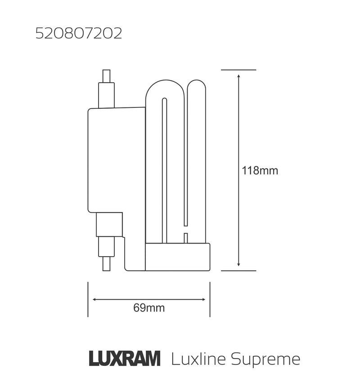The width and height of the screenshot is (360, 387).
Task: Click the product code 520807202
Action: tap(79, 34)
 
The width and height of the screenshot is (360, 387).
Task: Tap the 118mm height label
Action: tap(260, 171)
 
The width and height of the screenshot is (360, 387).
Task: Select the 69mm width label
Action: tap(149, 308)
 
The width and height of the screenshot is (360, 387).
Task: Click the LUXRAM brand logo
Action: tap(124, 359)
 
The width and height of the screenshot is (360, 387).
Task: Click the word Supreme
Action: tap(265, 359)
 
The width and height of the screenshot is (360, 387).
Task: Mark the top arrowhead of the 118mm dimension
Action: tap(238, 76)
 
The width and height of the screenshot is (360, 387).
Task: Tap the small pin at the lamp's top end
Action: tap(106, 76)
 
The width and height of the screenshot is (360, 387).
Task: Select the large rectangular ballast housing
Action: tap(116, 160)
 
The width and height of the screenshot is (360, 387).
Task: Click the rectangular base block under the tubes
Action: tap(178, 257)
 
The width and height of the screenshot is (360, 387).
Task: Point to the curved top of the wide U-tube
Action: tap(164, 85)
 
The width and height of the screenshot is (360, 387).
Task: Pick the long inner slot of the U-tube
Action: tap(164, 171)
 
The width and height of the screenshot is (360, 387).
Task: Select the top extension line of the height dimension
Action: tap(238, 70)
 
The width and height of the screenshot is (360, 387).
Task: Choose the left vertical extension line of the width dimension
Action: tap(88, 299)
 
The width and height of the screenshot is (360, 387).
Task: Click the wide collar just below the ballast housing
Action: tap(109, 224)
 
